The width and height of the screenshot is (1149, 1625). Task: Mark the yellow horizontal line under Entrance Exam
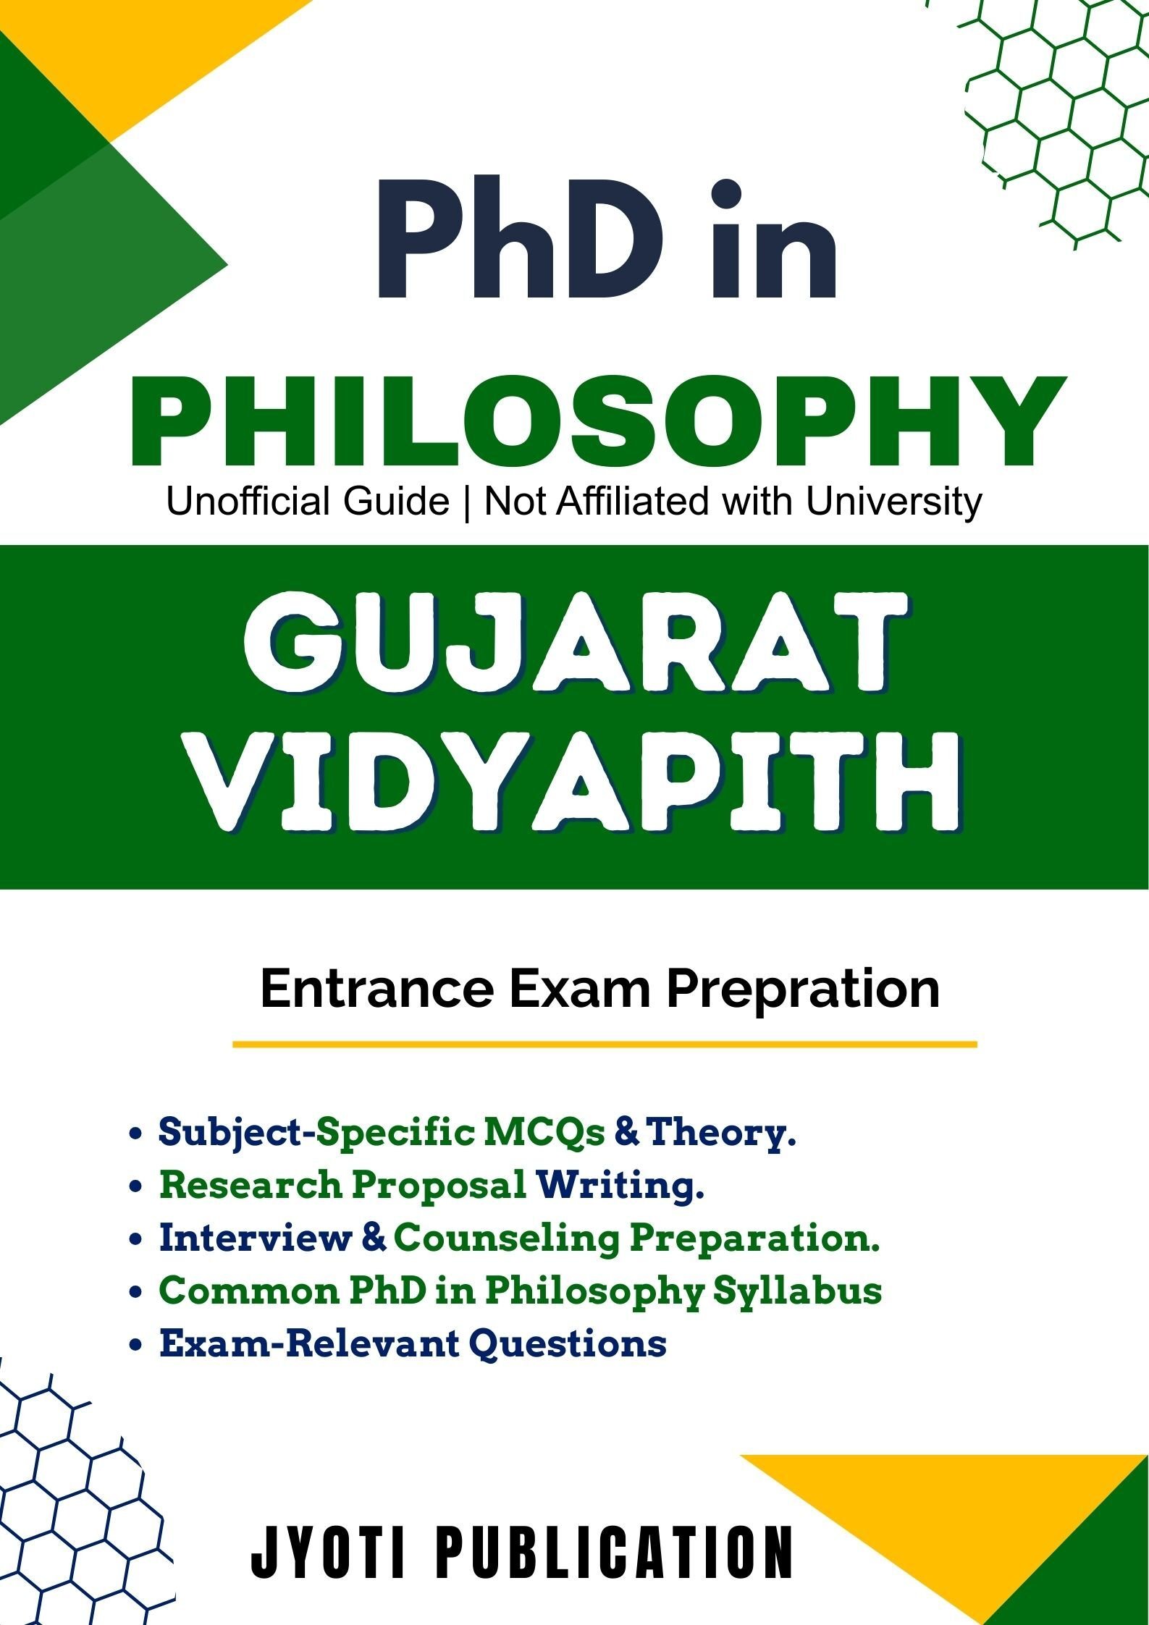(x=605, y=1044)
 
